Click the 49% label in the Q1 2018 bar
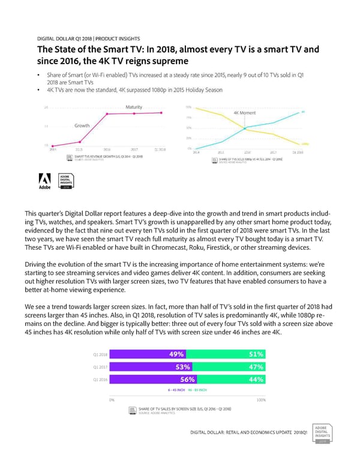(x=177, y=354)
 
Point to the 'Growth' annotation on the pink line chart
(x=82, y=126)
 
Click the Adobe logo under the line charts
(x=45, y=181)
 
